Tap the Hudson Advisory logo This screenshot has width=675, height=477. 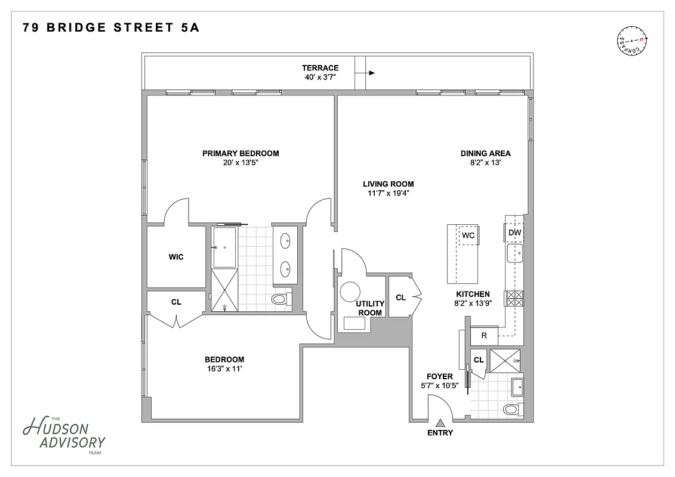pyautogui.click(x=63, y=434)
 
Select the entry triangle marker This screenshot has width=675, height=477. pyautogui.click(x=440, y=422)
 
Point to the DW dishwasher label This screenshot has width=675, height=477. pyautogui.click(x=515, y=233)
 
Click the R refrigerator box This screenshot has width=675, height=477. pyautogui.click(x=485, y=336)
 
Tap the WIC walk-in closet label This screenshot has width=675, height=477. pyautogui.click(x=176, y=257)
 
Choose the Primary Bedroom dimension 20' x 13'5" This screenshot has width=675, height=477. pyautogui.click(x=241, y=163)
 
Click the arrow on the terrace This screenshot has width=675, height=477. pyautogui.click(x=371, y=73)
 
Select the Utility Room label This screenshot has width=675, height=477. pyautogui.click(x=370, y=308)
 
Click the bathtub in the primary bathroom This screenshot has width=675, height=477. pyautogui.click(x=224, y=247)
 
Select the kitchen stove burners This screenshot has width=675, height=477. pyautogui.click(x=514, y=298)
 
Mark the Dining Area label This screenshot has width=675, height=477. pyautogui.click(x=485, y=153)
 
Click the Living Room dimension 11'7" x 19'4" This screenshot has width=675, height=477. pyautogui.click(x=389, y=193)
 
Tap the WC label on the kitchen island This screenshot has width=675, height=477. pyautogui.click(x=469, y=236)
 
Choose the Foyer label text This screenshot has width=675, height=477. pyautogui.click(x=439, y=377)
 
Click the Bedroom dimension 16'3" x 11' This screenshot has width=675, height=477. pyautogui.click(x=224, y=369)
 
